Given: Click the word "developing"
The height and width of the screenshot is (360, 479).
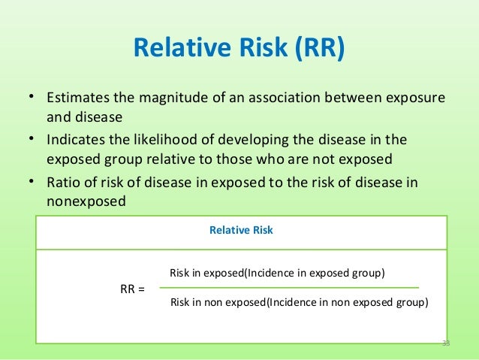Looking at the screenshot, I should (x=250, y=141).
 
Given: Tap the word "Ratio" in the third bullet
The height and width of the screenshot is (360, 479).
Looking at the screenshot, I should (x=62, y=183).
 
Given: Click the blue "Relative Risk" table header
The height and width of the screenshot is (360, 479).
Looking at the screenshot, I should (x=241, y=231).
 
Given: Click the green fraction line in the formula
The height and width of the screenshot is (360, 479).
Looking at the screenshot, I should (x=289, y=288).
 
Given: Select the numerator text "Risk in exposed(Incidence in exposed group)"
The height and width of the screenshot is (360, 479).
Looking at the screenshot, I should (x=277, y=274).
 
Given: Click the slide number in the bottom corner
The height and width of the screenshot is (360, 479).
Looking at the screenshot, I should (x=446, y=343).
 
